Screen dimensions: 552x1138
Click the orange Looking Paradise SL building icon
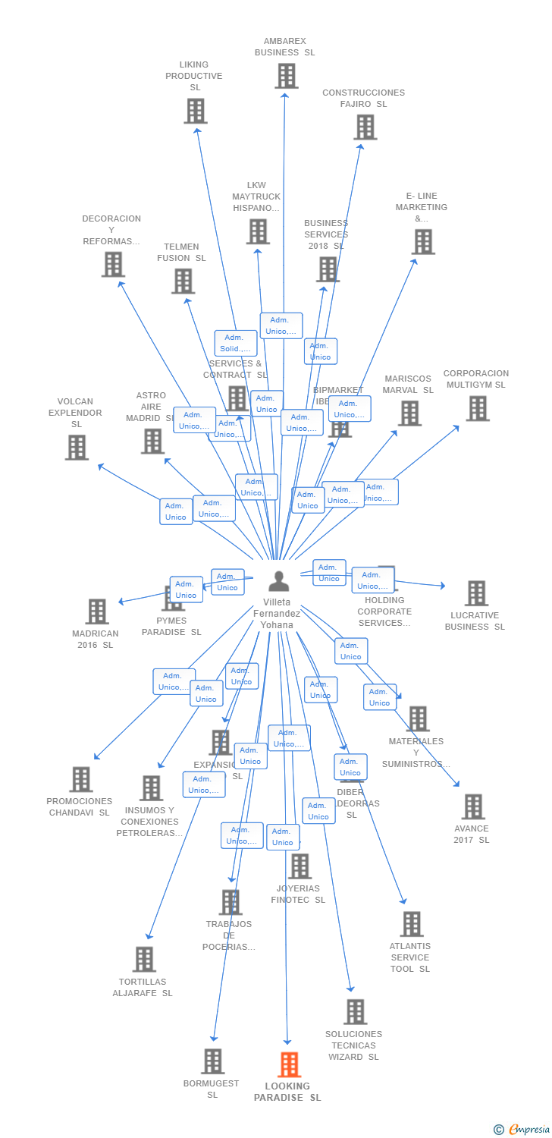[289, 1064]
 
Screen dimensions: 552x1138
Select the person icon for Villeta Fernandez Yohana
[279, 581]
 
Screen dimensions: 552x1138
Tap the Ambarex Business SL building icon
[286, 76]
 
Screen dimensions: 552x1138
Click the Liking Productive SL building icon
[196, 111]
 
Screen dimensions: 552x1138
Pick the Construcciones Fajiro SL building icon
[365, 127]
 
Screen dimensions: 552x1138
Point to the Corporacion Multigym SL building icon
[477, 408]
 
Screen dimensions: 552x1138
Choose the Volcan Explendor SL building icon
[77, 448]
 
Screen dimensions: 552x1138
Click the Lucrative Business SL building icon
[476, 593]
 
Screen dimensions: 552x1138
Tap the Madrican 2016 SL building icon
[97, 611]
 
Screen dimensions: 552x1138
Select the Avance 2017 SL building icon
[472, 806]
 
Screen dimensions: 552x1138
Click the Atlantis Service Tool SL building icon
[412, 924]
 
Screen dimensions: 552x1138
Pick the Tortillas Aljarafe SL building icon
[143, 959]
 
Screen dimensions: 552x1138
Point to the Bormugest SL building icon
[213, 1061]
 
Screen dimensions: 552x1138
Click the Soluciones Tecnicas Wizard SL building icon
[355, 1011]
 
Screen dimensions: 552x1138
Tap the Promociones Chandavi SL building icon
[80, 779]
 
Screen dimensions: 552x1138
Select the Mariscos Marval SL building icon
[409, 413]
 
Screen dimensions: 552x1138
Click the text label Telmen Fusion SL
[181, 253]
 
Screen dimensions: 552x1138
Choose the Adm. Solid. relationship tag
[236, 343]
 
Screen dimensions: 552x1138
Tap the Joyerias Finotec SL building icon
[300, 866]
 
